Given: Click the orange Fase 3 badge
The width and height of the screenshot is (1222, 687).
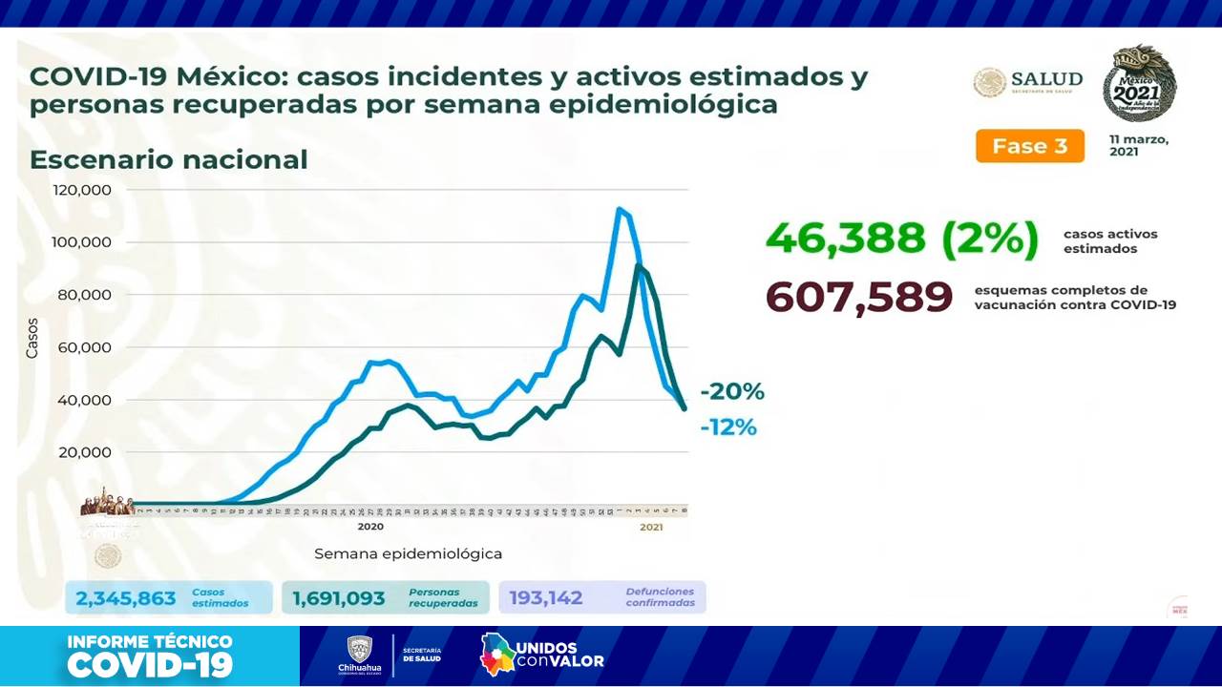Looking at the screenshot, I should [x=1029, y=146].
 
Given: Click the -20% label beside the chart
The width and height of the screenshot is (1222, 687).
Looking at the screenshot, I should [x=732, y=392].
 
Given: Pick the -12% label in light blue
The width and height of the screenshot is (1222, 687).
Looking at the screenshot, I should [x=728, y=428].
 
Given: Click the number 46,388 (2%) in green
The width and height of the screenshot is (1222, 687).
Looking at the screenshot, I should [x=900, y=239].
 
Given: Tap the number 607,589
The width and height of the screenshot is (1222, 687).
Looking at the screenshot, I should [x=859, y=297].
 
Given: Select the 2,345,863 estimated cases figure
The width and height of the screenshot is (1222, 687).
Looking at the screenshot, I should [x=126, y=598].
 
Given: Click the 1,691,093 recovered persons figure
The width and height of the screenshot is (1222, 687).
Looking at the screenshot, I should [x=339, y=598].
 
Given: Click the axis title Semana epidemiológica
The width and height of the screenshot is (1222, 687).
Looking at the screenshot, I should [x=408, y=553].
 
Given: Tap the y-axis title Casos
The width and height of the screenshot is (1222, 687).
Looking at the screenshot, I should [x=32, y=338].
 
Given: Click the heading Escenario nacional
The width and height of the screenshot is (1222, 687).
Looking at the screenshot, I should [x=168, y=159].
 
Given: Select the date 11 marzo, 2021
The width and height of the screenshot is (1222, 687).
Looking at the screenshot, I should [x=1138, y=145].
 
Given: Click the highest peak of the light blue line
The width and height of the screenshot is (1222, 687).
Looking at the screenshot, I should [x=620, y=209].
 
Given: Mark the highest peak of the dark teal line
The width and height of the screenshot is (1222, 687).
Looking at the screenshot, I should [x=638, y=266].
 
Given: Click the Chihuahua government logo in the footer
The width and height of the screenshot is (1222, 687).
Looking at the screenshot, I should [x=359, y=656].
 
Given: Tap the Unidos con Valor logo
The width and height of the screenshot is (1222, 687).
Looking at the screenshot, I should [x=541, y=655].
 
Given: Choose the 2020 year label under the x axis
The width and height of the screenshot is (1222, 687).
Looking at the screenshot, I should [x=370, y=527].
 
